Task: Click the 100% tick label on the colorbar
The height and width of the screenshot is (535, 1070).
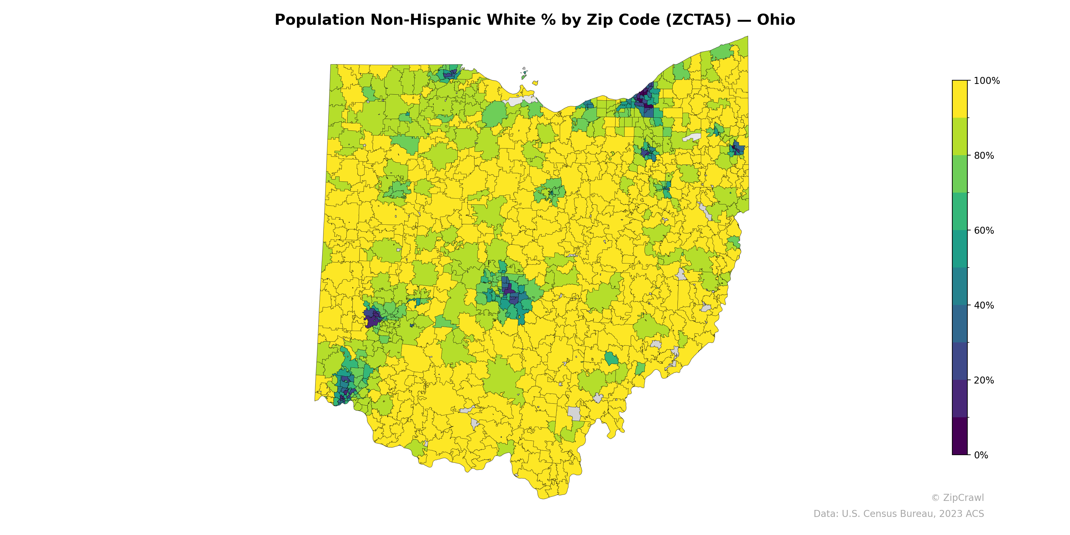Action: tap(986, 81)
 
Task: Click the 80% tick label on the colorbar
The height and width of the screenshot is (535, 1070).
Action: tap(984, 156)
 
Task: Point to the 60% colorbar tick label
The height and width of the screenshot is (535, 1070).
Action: tap(984, 230)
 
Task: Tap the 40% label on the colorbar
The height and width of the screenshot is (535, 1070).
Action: tap(984, 305)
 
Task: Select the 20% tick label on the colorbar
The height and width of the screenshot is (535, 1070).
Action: tap(984, 380)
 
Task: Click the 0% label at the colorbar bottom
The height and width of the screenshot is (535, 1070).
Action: tap(981, 455)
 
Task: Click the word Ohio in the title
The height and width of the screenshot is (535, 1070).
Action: tap(775, 20)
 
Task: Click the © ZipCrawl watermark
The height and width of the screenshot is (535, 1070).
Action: tap(957, 498)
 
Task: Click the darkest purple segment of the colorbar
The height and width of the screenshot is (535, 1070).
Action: tap(960, 436)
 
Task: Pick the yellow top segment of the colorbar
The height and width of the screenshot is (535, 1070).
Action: tap(960, 99)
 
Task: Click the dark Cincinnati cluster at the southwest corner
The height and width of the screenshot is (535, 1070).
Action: tap(344, 388)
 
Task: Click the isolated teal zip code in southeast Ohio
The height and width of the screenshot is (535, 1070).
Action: tap(611, 358)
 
